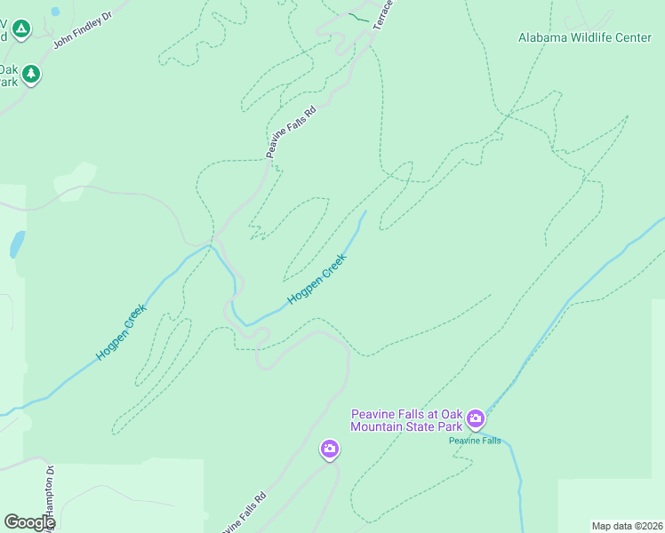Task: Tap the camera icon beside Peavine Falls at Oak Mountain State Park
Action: pos(476,418)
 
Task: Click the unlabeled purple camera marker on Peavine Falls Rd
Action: pos(329,450)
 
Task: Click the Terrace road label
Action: pos(383,15)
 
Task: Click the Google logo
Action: pos(29,522)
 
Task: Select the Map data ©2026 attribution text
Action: pos(628,525)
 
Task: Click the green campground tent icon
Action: pos(21,30)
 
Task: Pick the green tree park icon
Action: pos(32,74)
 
